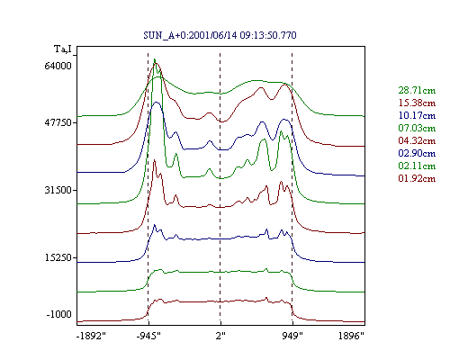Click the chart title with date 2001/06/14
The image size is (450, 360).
[220, 35]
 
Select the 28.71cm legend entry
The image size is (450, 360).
[417, 90]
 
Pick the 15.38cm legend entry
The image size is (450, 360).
[417, 103]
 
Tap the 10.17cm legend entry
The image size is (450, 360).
[417, 115]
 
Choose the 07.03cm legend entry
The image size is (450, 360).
[417, 128]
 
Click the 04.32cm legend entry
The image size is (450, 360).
[417, 140]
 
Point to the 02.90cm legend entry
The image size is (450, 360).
[417, 153]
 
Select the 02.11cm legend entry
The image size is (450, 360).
[417, 166]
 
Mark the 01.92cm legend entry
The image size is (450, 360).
[417, 178]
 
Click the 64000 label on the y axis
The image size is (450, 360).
[58, 66]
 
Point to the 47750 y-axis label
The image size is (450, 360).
[58, 122]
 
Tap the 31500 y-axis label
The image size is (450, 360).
[58, 190]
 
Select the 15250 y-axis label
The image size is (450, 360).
[58, 257]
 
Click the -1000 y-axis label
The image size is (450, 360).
[59, 314]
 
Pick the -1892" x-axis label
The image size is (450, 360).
[92, 336]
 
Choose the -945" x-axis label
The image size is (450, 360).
[148, 336]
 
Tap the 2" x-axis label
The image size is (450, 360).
[220, 336]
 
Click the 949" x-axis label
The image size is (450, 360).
[292, 336]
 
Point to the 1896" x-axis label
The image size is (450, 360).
[351, 336]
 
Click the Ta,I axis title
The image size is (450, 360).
[63, 49]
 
